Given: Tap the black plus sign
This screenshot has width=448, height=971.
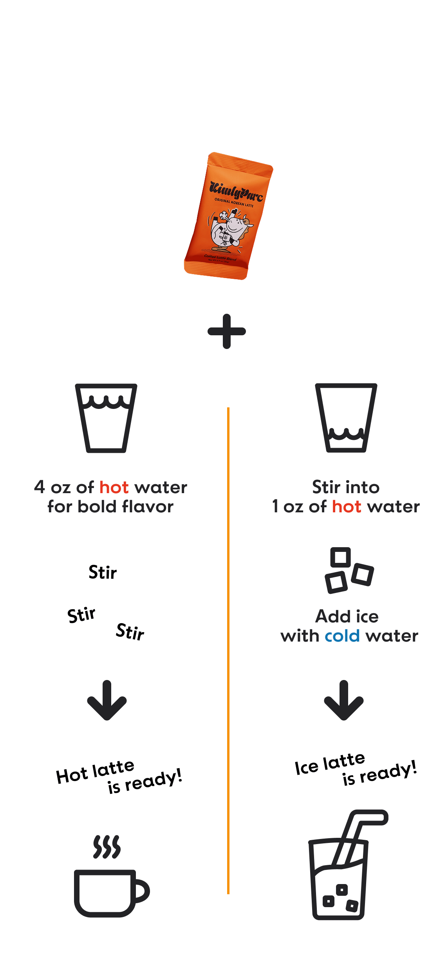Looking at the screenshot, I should (x=227, y=331).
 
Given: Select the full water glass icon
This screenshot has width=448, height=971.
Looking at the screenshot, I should (x=106, y=418).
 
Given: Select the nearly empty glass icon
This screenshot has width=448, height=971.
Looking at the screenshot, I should (x=346, y=418).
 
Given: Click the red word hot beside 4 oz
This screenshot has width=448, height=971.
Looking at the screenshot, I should (x=114, y=488).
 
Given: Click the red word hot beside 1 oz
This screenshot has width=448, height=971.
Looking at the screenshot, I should (x=347, y=507).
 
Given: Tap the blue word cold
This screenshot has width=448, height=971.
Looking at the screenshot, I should (x=342, y=636).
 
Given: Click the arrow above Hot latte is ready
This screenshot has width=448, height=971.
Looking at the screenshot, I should (x=107, y=700).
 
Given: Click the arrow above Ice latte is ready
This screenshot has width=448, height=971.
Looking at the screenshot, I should (x=344, y=700).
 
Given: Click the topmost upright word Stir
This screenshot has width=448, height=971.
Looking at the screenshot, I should (x=103, y=573).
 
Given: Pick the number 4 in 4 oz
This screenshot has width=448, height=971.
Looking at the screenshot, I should (x=40, y=487).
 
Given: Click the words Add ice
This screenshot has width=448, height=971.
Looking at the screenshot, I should (x=347, y=617).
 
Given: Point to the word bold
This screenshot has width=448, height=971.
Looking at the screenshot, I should (x=97, y=507).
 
